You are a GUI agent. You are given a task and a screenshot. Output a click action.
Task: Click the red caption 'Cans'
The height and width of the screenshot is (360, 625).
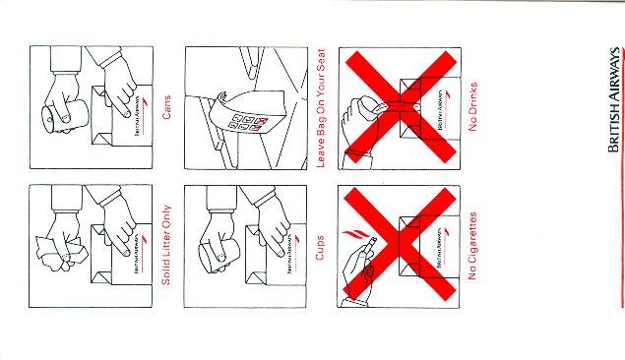pyautogui.click(x=166, y=107)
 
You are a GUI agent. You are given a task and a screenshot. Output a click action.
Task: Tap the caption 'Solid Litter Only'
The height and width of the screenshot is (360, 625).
pyautogui.click(x=166, y=245)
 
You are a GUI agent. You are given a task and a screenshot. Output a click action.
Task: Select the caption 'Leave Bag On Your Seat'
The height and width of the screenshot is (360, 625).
pyautogui.click(x=321, y=108)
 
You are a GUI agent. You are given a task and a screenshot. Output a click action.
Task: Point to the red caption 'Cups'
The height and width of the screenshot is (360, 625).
pyautogui.click(x=320, y=248)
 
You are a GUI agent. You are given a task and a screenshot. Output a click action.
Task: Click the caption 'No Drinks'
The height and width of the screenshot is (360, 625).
pyautogui.click(x=472, y=107)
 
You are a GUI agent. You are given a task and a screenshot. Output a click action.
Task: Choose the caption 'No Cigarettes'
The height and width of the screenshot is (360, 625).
pyautogui.click(x=472, y=246)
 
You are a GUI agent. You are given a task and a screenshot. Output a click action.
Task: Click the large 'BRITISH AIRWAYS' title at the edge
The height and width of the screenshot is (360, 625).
pyautogui.click(x=614, y=100)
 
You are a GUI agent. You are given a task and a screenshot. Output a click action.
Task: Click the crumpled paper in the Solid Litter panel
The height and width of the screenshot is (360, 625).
pyautogui.click(x=61, y=253)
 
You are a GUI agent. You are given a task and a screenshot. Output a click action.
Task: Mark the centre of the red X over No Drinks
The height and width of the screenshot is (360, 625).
pyautogui.click(x=401, y=107)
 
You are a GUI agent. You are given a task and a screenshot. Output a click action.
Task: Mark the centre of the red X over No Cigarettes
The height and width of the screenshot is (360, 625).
pyautogui.click(x=400, y=244)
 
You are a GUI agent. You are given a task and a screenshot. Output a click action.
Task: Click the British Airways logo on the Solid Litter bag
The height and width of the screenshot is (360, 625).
pyautogui.click(x=139, y=253)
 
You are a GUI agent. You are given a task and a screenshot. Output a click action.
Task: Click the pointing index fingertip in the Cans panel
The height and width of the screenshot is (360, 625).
pyautogui.click(x=127, y=114)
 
